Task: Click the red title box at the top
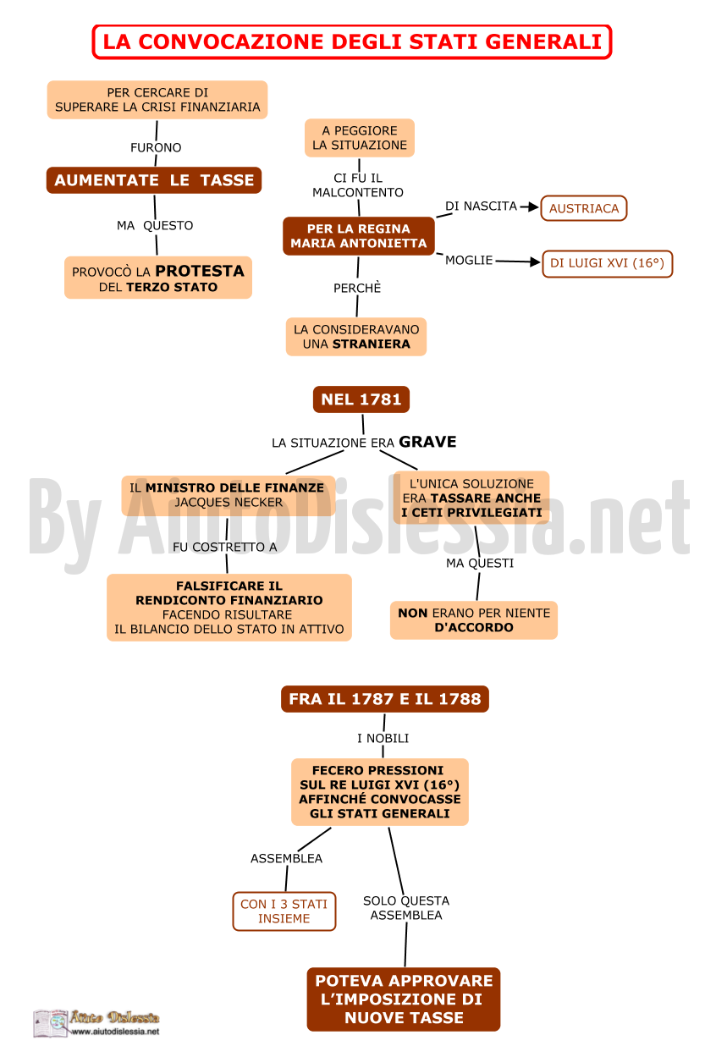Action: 351,42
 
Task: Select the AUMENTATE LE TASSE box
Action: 154,180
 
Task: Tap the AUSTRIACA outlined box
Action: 584,208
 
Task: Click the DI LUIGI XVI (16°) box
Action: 608,263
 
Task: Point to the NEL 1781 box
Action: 361,399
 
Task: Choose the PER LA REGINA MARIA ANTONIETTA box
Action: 359,236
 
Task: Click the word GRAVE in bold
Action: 427,442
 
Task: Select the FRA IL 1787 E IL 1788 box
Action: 385,699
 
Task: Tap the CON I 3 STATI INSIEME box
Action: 284,911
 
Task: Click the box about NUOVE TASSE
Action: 404,999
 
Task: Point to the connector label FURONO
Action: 156,148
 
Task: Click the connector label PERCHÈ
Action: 357,288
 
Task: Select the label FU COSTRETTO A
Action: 224,547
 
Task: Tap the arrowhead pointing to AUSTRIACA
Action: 533,206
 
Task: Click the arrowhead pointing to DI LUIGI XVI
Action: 535,261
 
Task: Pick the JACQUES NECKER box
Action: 229,495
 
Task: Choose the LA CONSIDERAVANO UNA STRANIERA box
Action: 356,337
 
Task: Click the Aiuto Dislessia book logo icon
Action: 51,1023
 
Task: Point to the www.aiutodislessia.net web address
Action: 115,1032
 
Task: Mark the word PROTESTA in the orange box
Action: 200,271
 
